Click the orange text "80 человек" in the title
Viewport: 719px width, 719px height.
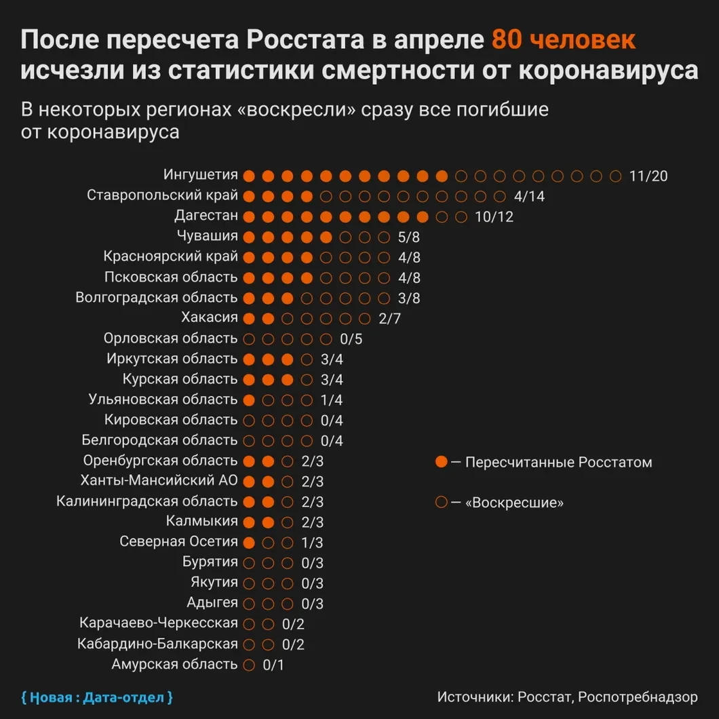(564, 40)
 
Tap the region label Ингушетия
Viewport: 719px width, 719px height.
(201, 175)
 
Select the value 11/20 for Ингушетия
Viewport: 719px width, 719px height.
(648, 176)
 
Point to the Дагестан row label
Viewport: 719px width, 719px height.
(206, 216)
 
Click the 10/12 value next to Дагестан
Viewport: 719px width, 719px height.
(494, 217)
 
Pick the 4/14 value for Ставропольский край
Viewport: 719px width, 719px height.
(530, 197)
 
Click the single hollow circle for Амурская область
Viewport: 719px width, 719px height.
(249, 665)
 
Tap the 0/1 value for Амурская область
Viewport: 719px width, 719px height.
(273, 665)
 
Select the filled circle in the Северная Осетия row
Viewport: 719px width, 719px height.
(249, 543)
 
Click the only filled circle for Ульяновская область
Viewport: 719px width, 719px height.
(249, 400)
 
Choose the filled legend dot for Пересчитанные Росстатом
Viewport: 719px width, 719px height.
(442, 462)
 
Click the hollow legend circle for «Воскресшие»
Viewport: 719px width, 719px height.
(442, 503)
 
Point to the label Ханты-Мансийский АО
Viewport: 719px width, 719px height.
(159, 481)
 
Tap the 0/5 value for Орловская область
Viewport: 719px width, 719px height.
(351, 339)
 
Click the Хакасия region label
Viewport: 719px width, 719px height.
(210, 317)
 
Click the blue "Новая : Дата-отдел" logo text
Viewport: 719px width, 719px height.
(97, 697)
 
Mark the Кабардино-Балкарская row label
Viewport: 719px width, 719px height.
(157, 644)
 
